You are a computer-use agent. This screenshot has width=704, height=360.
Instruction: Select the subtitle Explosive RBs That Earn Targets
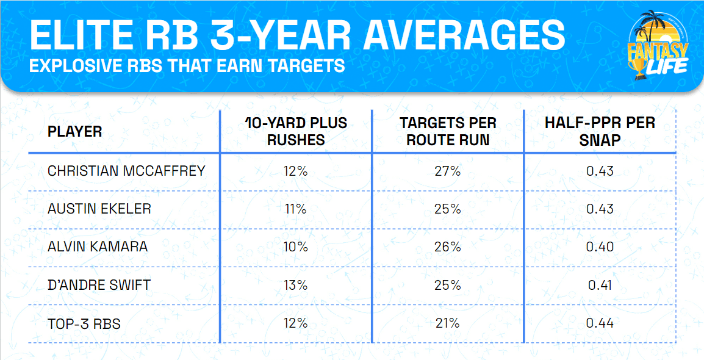coord(187,65)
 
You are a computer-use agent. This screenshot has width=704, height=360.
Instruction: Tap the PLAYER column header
coord(75,131)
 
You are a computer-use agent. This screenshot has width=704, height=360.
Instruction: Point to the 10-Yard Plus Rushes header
coord(295,131)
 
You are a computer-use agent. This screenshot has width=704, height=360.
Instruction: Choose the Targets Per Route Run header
coord(448,131)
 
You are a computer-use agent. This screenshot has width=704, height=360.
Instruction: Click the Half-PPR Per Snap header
coord(600,131)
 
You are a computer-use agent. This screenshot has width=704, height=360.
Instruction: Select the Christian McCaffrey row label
coord(126,171)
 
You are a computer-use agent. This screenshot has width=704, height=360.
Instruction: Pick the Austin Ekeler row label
coord(99,209)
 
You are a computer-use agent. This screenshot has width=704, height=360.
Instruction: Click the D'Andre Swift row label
coord(99,285)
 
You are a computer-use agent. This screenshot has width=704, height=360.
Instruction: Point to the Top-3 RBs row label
coord(84,323)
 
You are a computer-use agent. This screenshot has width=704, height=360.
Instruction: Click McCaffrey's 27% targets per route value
coord(448,171)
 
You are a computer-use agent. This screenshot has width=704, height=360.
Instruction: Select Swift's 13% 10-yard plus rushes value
coord(295,285)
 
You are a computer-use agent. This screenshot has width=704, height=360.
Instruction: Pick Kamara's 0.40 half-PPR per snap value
coord(600,247)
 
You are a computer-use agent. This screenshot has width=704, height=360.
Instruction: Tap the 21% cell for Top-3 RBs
coord(448,323)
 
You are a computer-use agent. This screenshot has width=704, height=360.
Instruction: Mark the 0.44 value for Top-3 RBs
coord(600,323)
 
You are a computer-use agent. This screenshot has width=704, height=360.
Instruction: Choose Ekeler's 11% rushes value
coord(295,209)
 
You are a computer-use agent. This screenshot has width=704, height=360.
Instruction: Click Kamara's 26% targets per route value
coord(448,247)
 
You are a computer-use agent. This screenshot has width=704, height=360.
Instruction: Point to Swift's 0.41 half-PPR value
coord(600,285)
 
